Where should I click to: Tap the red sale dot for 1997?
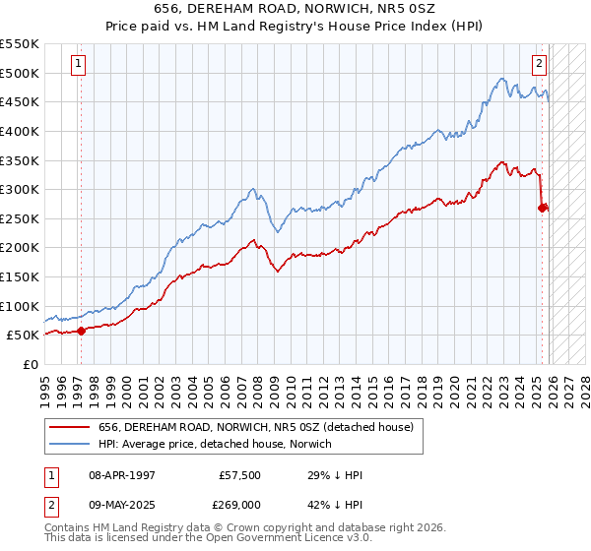point(81,331)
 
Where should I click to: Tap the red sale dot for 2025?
point(543,207)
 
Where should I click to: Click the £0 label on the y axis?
point(32,364)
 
